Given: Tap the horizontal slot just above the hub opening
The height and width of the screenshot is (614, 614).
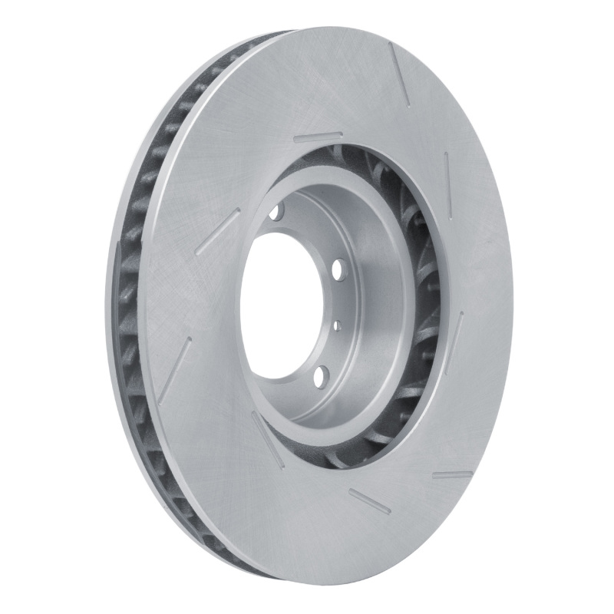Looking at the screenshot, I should tap(318, 138).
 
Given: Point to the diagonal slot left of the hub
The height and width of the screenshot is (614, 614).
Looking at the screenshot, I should tap(218, 231).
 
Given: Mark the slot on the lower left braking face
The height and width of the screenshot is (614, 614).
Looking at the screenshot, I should tap(175, 368).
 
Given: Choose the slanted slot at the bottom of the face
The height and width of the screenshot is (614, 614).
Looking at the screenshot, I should tap(369, 501).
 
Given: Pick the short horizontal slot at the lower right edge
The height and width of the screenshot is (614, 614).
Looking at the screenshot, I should tap(452, 475).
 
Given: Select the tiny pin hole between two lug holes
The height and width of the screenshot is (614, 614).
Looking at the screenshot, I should tap(337, 326).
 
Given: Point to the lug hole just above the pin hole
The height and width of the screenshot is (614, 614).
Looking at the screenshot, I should tap(338, 271).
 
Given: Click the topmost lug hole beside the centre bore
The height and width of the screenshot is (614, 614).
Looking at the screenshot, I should tap(276, 211).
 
